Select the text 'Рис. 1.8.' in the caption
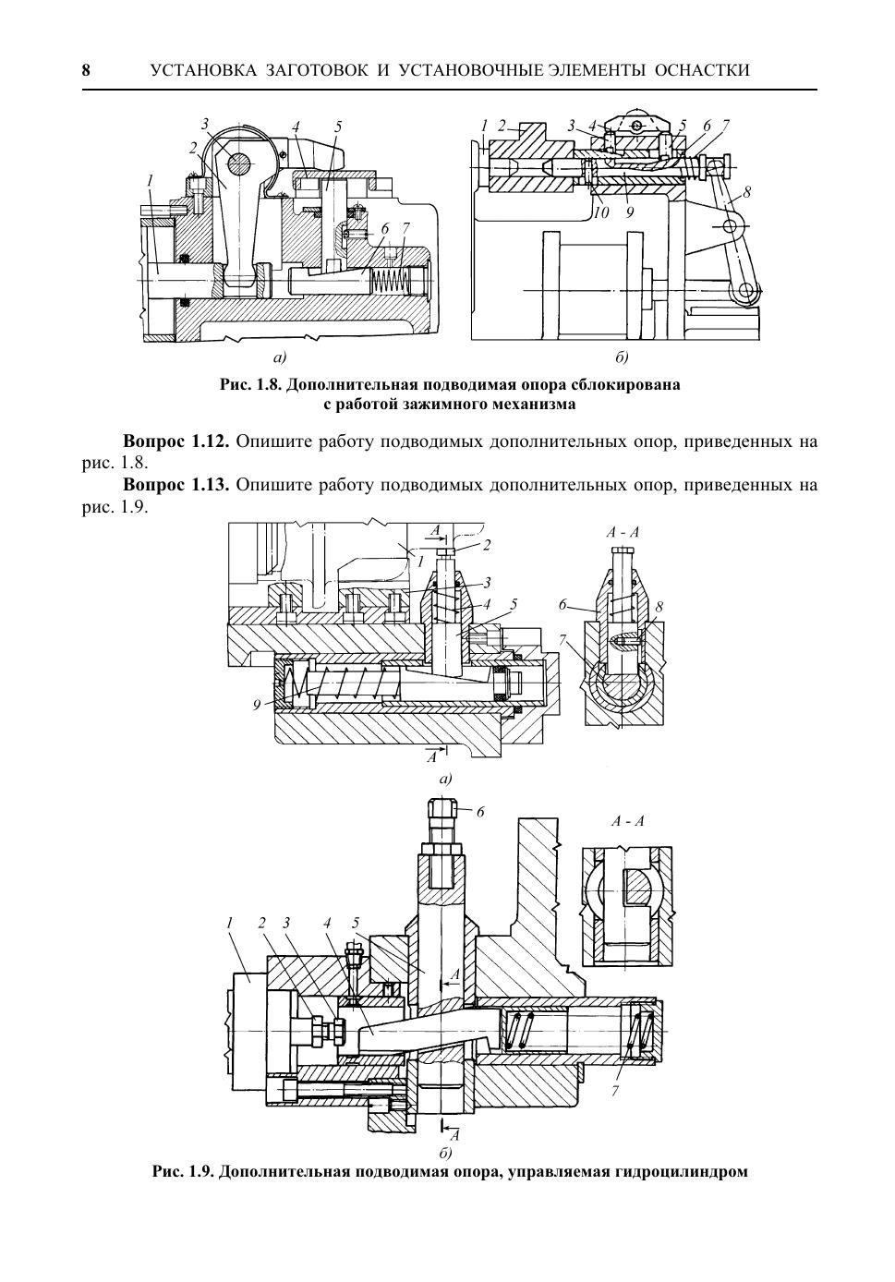pos(250,384)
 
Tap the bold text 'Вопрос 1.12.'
pos(175,441)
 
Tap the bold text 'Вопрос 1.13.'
pos(175,485)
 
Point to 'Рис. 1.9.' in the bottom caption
pos(184,1171)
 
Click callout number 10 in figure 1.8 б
pos(601,212)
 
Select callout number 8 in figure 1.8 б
pos(746,193)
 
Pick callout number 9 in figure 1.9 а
pos(257,706)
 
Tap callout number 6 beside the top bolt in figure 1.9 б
pos(480,813)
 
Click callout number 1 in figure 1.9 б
pos(228,923)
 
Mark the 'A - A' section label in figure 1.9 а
pos(623,532)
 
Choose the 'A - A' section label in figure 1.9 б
pos(628,821)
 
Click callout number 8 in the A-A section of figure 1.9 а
pos(659,607)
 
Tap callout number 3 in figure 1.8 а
pos(205,124)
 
